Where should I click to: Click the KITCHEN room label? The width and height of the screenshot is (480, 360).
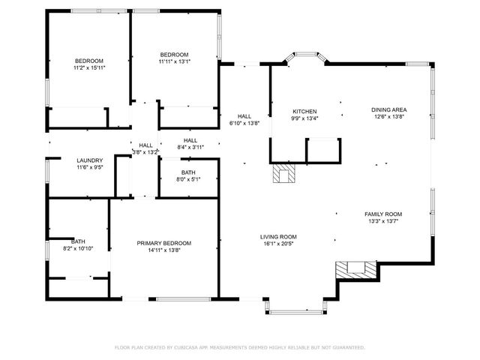(x=304, y=111)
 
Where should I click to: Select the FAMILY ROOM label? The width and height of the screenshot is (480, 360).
(x=383, y=214)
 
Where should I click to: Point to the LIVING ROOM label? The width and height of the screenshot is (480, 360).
(x=279, y=236)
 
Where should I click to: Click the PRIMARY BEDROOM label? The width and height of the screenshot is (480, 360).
(x=163, y=243)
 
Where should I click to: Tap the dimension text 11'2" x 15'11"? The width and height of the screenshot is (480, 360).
(x=89, y=68)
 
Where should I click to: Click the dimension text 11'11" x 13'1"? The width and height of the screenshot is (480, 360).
(x=175, y=62)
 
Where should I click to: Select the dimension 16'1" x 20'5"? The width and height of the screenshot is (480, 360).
(x=279, y=244)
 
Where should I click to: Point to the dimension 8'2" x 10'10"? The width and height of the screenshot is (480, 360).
(x=78, y=248)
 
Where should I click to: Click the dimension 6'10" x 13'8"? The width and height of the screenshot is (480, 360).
(x=244, y=124)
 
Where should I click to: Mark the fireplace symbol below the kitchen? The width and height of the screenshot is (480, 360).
(x=284, y=174)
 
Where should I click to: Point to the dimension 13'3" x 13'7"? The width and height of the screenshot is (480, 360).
(x=383, y=221)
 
